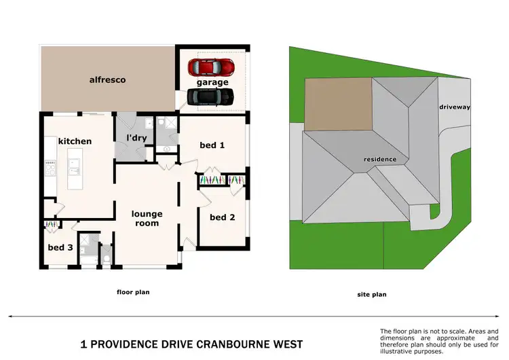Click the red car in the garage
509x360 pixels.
click(211, 68)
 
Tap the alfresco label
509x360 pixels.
click(107, 79)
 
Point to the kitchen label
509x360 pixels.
click(75, 141)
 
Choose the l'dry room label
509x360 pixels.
click(137, 138)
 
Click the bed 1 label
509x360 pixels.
click(212, 145)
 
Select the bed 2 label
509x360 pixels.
click(222, 217)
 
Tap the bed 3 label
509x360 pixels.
click(60, 247)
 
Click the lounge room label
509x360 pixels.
click(147, 218)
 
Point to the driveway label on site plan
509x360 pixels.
click(454, 107)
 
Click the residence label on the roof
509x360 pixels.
click(380, 159)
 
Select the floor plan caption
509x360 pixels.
click(133, 292)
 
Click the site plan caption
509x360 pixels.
click(373, 295)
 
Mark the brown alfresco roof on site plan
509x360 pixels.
click(338, 103)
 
